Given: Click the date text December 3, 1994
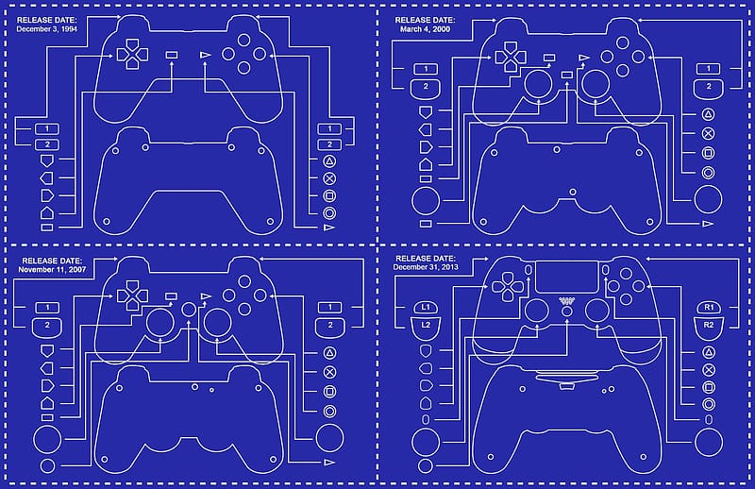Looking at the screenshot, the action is (x=46, y=29).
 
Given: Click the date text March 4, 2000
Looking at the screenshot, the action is (x=426, y=29).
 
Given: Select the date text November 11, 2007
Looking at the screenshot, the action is (x=52, y=269).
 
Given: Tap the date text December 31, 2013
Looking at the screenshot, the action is (x=426, y=267).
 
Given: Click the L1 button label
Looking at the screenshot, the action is (x=426, y=307).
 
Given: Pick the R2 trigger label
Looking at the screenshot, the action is (x=709, y=325).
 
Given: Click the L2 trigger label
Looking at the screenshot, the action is (x=426, y=325).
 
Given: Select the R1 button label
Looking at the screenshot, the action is (x=709, y=307).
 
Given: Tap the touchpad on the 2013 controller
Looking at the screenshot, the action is (x=567, y=278).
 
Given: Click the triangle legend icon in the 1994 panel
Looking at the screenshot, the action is (x=329, y=161).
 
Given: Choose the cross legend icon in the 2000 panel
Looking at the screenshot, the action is (x=708, y=133).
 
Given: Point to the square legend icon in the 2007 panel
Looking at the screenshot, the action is (x=329, y=392).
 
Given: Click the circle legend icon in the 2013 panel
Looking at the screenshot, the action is (x=709, y=404).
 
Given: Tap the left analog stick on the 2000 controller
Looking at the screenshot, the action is (x=538, y=83).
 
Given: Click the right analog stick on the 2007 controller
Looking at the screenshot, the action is (x=218, y=323).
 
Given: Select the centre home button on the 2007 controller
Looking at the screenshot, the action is (x=190, y=310).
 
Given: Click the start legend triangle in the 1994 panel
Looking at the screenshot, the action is (x=329, y=227).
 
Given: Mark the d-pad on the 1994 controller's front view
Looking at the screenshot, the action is (x=132, y=55).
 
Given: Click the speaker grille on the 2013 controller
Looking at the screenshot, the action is (x=567, y=301).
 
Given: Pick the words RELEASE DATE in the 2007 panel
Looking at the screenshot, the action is (x=52, y=261).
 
